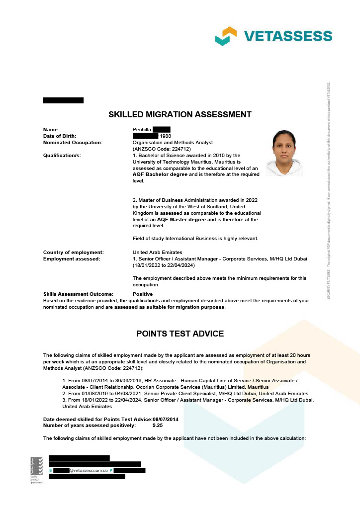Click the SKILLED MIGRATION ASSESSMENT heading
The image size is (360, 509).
tap(180, 114)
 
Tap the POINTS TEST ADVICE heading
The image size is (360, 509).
tap(180, 334)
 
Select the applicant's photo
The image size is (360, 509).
tap(284, 153)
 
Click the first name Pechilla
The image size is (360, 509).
tap(142, 130)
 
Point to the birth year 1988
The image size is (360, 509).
tap(165, 136)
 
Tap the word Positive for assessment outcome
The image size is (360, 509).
tap(143, 294)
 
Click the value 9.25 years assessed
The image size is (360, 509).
tap(158, 425)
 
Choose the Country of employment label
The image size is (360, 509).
tap(74, 253)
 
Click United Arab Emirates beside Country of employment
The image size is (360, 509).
tap(157, 253)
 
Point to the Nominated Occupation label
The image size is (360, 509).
tap(73, 143)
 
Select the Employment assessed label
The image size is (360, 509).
tap(72, 259)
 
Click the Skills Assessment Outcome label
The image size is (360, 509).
tap(78, 294)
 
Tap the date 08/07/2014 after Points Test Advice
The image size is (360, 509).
tap(166, 420)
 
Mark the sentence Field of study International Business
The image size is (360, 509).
tap(195, 239)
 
